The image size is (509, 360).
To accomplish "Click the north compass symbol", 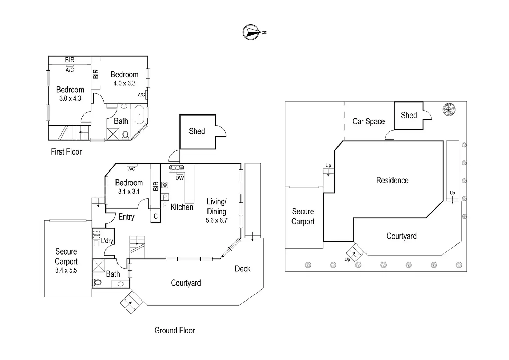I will click(x=251, y=32).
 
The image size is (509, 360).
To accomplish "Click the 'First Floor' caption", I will click(x=66, y=151).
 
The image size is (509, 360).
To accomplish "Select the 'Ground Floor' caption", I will click(x=174, y=330).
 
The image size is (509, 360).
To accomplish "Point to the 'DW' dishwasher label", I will click(x=179, y=178).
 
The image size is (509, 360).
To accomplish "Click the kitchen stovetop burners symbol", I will click(x=165, y=185).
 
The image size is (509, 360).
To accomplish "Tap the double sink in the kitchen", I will click(x=176, y=168).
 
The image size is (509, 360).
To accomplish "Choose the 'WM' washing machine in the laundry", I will click(x=96, y=235).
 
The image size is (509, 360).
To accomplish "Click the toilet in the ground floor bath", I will click(x=98, y=283).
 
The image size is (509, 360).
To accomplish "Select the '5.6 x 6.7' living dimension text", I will click(x=216, y=220).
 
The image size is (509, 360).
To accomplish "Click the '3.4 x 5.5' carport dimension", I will click(x=66, y=270).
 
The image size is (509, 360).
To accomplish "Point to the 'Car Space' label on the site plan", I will click(x=368, y=121).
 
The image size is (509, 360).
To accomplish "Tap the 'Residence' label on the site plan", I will click(x=392, y=180).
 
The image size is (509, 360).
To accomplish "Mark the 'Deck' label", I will click(x=242, y=269).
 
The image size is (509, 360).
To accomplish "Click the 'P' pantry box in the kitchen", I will click(x=165, y=197).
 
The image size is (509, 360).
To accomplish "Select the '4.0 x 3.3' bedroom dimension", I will click(x=124, y=83).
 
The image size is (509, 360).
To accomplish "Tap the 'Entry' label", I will click(x=126, y=217).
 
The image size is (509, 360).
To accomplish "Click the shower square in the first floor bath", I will click(x=113, y=134).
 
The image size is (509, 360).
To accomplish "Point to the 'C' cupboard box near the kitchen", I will click(x=156, y=216).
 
